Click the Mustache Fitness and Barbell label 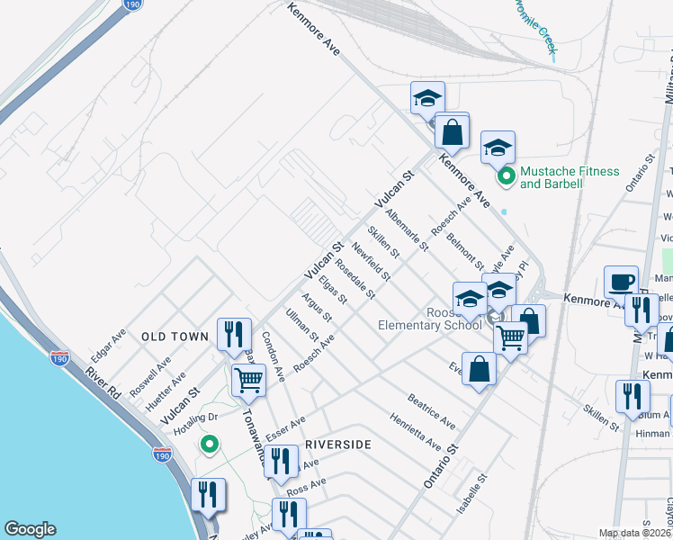[570, 177]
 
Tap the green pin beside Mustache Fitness [507, 176]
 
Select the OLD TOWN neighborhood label [175, 337]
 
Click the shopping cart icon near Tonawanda [247, 380]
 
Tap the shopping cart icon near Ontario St [510, 338]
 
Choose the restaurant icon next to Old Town [233, 333]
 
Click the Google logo [30, 529]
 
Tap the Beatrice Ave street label [431, 409]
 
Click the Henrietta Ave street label [415, 433]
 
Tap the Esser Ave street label [285, 424]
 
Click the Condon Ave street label [274, 355]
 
